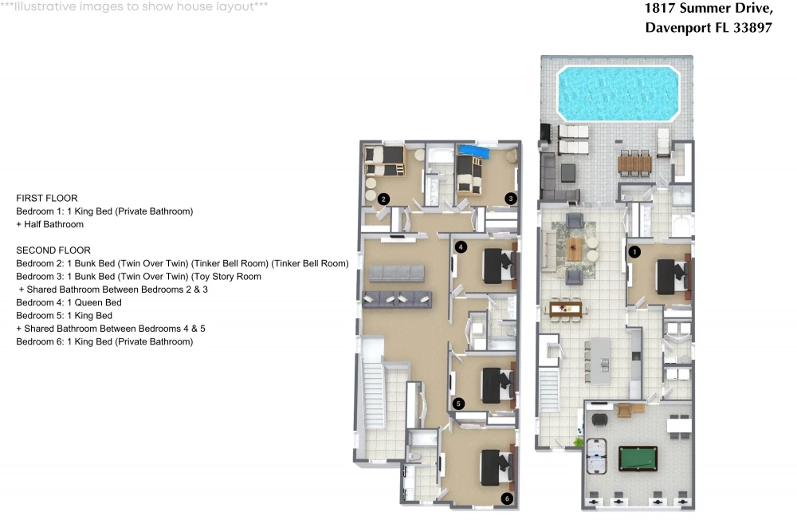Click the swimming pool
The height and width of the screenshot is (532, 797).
click(618, 93)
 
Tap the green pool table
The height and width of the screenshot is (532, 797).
click(638, 459)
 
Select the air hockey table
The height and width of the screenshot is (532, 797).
click(597, 455)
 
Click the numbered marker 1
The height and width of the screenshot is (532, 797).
click(634, 251)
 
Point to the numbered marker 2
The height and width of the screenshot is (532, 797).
click(383, 199)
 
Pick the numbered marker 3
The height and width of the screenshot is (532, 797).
click(510, 199)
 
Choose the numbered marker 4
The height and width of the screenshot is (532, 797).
click(461, 247)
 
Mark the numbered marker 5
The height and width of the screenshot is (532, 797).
click(458, 404)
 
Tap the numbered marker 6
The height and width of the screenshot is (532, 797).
click(507, 499)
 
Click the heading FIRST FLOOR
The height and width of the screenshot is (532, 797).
click(47, 198)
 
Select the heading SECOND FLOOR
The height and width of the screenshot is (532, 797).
click(53, 250)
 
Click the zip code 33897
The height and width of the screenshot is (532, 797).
click(752, 27)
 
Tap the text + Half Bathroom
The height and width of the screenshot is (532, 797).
click(49, 224)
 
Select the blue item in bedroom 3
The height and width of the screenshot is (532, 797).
click(473, 151)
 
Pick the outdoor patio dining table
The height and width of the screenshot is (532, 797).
click(634, 164)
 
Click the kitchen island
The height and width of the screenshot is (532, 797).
click(600, 361)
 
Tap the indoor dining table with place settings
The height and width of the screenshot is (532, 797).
click(565, 308)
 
